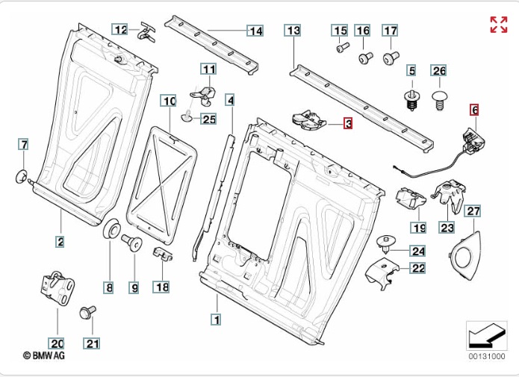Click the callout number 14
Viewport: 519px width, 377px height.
coord(255,31)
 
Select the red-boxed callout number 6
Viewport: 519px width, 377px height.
coord(473,109)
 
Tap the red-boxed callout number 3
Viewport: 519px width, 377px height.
coord(347,124)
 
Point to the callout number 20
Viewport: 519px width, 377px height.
coord(57,343)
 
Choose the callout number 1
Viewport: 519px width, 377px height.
coord(217,320)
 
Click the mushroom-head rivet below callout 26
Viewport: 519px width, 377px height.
coord(439,97)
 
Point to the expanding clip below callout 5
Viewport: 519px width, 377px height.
coord(411,100)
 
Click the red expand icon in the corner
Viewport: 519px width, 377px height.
coord(499,24)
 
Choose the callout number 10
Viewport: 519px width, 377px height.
coord(168,100)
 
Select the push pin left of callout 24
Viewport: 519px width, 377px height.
coord(387,243)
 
